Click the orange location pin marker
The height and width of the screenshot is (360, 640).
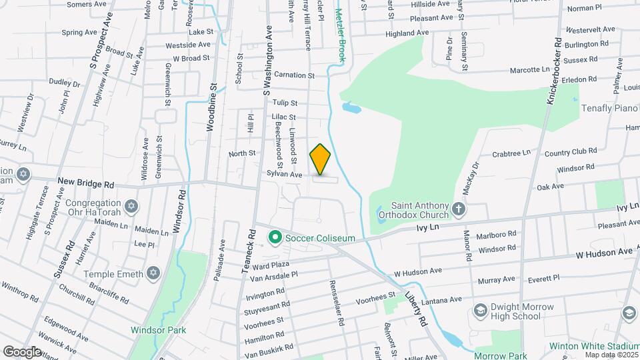click(320, 159)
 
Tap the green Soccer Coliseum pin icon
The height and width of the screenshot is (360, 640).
click(274, 237)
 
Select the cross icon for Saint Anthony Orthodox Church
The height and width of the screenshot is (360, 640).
click(459, 210)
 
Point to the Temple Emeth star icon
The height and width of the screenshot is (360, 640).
click(153, 273)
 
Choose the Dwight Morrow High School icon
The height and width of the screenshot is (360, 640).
click(480, 311)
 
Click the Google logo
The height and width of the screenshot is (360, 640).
click(22, 351)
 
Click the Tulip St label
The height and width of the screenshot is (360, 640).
click(285, 102)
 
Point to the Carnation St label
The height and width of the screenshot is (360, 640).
click(294, 75)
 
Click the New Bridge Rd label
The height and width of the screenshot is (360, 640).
click(86, 182)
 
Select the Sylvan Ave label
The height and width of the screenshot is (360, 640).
click(285, 175)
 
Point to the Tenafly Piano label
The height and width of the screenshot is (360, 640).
click(610, 108)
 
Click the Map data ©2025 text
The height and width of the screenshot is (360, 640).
click(611, 354)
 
